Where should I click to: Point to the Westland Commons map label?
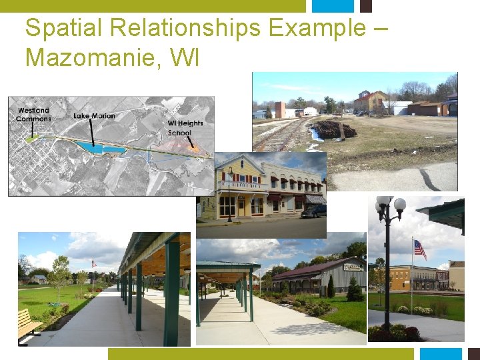click(x=33, y=115)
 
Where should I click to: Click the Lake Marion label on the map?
click(x=94, y=116)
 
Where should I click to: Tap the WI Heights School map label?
click(x=185, y=128)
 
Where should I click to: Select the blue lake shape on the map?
click(x=100, y=148)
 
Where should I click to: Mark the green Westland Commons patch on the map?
click(x=31, y=139)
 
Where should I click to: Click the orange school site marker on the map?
click(x=194, y=147)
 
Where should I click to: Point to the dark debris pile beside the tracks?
click(x=333, y=129)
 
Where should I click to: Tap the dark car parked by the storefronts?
click(x=314, y=211)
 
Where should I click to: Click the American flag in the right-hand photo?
click(x=420, y=249)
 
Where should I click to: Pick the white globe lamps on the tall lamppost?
click(x=390, y=205)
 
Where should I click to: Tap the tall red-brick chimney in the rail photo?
click(x=280, y=109)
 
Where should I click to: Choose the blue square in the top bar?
click(x=333, y=6)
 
